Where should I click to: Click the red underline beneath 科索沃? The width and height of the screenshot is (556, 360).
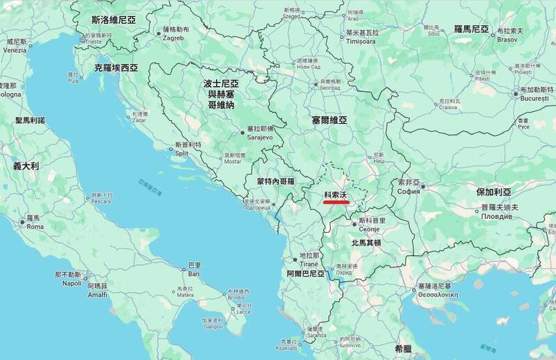(x=336, y=204)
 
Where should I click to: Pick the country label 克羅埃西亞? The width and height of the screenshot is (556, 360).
(x=116, y=68)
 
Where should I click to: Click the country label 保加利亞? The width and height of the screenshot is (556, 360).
(x=493, y=192)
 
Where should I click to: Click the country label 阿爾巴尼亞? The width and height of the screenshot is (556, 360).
(x=306, y=274)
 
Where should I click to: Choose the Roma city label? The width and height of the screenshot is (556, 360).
(x=35, y=227)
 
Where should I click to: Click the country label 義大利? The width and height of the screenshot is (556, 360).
(x=26, y=167)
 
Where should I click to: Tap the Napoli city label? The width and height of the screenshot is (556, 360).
(x=72, y=283)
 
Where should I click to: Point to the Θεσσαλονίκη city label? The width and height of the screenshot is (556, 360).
(x=434, y=294)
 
